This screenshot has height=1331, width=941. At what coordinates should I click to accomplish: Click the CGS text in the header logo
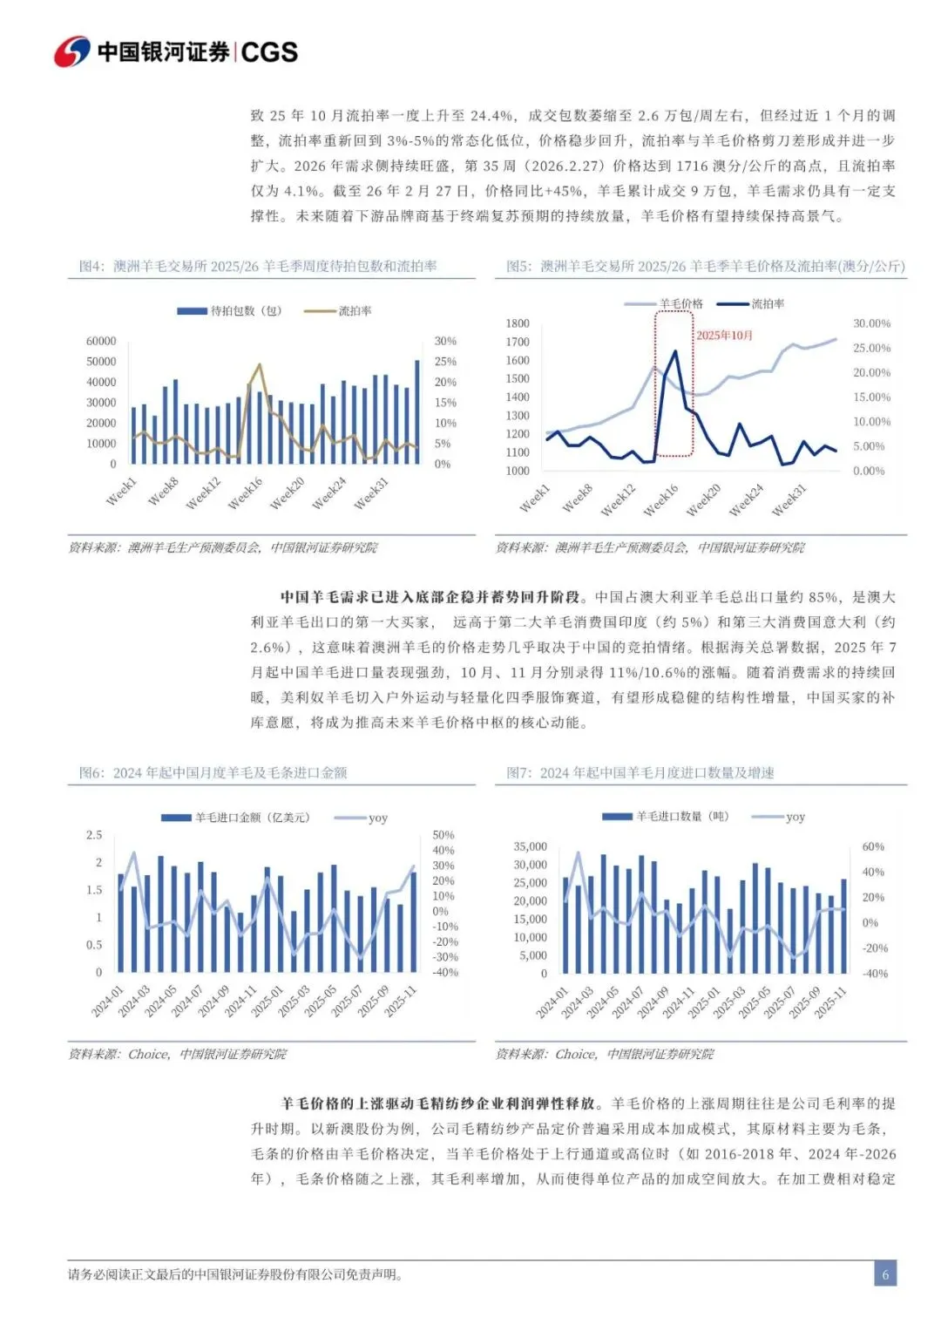[x=269, y=52]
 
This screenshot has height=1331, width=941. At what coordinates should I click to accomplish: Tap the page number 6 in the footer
[x=885, y=1274]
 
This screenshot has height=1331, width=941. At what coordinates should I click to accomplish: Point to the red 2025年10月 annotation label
[x=724, y=336]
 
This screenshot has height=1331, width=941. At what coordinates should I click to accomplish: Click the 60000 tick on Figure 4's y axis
[x=101, y=341]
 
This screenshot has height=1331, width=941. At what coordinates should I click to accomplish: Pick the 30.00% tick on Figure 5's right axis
[x=871, y=323]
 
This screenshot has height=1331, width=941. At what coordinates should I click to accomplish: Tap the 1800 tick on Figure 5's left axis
[x=518, y=323]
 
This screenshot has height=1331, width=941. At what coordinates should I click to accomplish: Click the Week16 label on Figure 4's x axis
[x=245, y=494]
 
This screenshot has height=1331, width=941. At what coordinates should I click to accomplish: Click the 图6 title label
[x=91, y=772]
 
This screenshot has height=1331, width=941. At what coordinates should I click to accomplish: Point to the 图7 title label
[x=519, y=772]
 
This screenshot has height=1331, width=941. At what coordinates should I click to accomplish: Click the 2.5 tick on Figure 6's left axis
[x=94, y=835]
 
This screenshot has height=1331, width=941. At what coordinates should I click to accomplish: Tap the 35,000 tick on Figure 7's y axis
[x=531, y=846]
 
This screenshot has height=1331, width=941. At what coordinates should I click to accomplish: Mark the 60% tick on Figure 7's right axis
[x=873, y=846]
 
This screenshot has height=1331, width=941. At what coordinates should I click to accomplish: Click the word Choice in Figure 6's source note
[x=148, y=1054]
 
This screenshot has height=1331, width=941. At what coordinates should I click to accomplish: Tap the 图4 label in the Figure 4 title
[x=91, y=266]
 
